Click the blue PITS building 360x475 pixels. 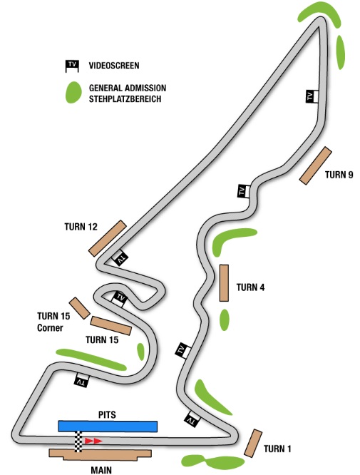point(108,427)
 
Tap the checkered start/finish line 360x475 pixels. point(78,441)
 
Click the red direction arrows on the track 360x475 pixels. point(93,441)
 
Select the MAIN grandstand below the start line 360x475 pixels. point(101,454)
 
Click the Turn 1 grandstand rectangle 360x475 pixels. point(253,443)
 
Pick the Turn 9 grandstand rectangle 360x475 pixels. point(316,165)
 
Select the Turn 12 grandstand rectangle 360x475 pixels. point(107,238)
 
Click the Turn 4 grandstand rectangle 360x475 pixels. point(224,283)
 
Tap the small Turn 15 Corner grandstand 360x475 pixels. point(80,308)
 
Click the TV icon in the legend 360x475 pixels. point(72,66)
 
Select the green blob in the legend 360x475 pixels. point(73,93)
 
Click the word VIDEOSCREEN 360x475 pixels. point(114,66)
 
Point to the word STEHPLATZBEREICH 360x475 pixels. point(125,99)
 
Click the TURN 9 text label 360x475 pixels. point(339,175)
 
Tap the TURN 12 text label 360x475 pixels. point(81,227)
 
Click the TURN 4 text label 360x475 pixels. point(250,287)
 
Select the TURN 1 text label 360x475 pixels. point(277,449)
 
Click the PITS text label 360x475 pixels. point(107,414)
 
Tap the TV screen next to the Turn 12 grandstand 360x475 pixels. point(120,257)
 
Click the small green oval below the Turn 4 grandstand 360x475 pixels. point(225,320)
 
